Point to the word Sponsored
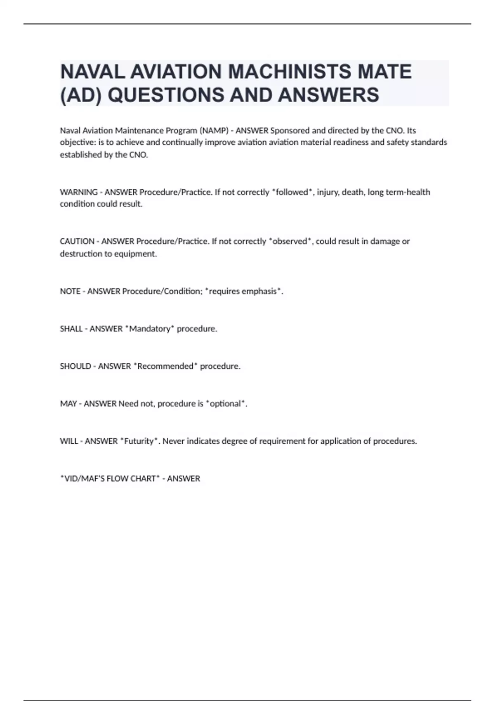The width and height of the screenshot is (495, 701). (x=290, y=131)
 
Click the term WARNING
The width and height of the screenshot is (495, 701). (x=79, y=192)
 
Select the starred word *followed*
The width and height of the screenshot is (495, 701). (x=292, y=192)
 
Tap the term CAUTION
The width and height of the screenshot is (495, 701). (x=77, y=241)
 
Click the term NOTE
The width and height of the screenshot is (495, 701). (x=70, y=292)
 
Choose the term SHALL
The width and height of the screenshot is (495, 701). (x=71, y=329)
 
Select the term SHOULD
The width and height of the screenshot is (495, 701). (x=75, y=366)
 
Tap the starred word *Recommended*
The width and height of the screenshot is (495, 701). (x=165, y=366)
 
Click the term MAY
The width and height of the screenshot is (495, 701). (x=68, y=404)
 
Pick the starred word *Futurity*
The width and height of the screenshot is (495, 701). (x=139, y=441)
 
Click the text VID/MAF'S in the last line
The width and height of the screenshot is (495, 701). (x=83, y=479)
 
